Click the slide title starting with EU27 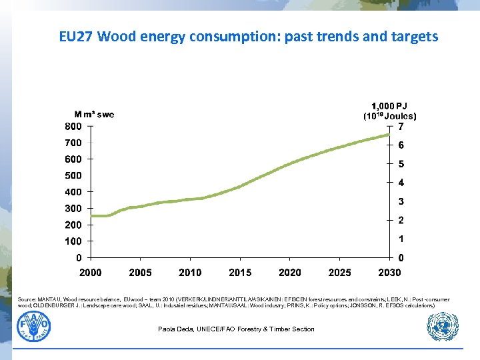tap(248, 37)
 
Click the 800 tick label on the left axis tap(73, 126)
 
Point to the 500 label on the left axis tap(73, 176)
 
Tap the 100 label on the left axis tap(73, 241)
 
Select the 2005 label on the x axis tap(140, 273)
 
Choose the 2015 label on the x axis tap(240, 273)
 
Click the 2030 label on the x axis tap(389, 273)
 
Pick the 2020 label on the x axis tap(290, 273)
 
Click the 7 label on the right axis tap(401, 127)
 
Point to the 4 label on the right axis tap(401, 183)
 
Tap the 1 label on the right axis tap(401, 239)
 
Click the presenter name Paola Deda tap(236, 329)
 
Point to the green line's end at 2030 tap(389, 135)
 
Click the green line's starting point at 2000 tap(92, 216)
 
